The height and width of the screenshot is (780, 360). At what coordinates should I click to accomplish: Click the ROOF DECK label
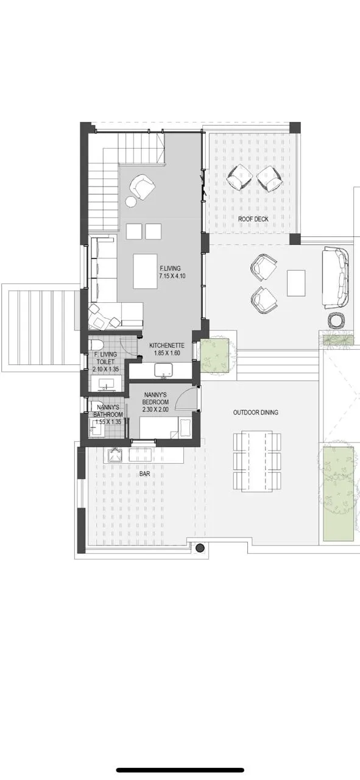point(253,219)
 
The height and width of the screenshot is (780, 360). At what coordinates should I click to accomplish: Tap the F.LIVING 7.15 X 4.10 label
point(170,272)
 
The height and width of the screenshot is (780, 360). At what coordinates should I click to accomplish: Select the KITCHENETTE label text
point(167,346)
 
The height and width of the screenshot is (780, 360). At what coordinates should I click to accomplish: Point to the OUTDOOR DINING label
point(256,413)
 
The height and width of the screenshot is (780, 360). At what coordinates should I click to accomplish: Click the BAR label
point(144,474)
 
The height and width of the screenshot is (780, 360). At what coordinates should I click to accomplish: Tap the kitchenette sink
point(163,370)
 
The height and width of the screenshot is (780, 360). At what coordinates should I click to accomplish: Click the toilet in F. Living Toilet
point(96,345)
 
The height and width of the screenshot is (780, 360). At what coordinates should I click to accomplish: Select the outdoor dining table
point(257,461)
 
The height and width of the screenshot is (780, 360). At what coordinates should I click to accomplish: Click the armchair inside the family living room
point(142,187)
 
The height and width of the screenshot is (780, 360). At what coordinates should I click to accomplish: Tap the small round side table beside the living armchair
point(131,202)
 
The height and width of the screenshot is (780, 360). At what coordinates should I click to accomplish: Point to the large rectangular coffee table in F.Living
point(146,271)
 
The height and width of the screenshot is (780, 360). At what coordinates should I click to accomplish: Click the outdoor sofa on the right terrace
point(335,277)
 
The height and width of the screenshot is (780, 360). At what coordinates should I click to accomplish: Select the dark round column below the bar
point(200,548)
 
